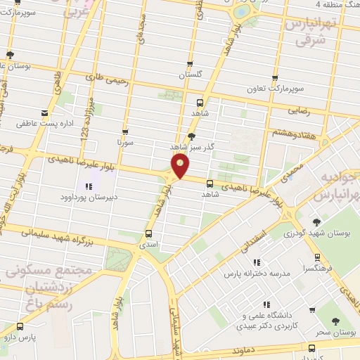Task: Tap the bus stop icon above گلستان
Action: click(190, 63)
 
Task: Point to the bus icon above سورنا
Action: click(125, 131)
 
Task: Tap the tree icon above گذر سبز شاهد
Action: click(192, 136)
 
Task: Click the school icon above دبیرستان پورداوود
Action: click(89, 186)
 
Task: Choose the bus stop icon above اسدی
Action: click(148, 233)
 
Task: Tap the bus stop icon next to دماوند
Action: click(311, 347)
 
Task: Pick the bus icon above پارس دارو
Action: click(19, 326)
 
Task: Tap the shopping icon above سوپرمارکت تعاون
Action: click(274, 78)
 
